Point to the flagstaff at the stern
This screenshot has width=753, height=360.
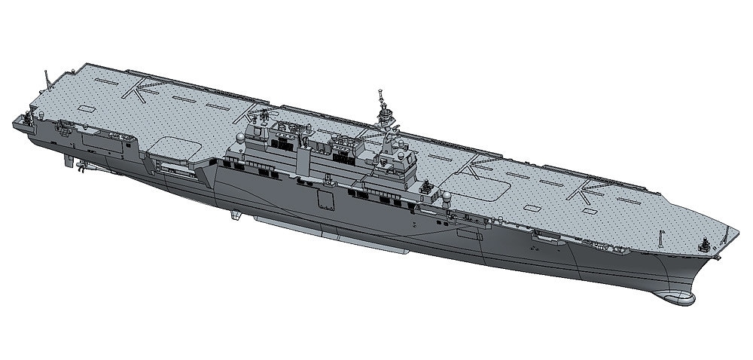click(47, 78)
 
